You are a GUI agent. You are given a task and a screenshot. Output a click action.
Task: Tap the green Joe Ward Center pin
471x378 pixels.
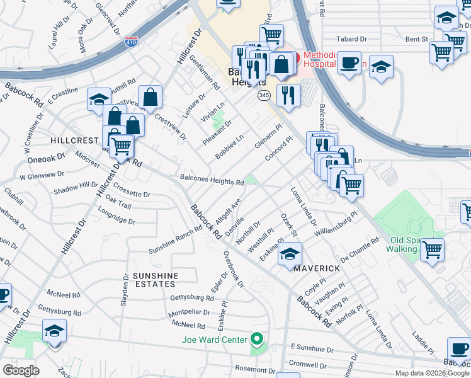pos(256,340)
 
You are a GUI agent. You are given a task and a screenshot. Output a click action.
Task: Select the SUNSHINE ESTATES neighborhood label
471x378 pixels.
pos(155,280)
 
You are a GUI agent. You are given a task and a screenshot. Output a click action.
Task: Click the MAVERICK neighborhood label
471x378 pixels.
pos(317,268)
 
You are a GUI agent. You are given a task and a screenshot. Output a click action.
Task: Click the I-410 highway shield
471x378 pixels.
pos(131,43)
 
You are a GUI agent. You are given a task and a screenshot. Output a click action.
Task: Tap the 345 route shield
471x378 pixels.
pos(264,95)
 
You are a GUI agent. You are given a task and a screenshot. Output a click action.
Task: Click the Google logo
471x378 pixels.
pos(21,370)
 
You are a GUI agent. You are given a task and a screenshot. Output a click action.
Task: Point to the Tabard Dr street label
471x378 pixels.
pos(352,38)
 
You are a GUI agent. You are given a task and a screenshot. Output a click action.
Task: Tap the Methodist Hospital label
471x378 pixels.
pos(326,59)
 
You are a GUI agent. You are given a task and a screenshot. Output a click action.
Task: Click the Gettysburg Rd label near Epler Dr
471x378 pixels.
pos(193,297)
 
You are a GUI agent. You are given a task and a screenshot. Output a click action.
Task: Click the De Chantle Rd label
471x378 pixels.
pos(360,249)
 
